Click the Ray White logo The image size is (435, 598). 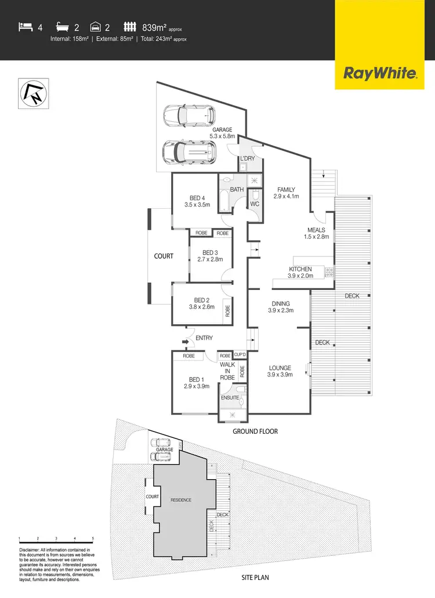(380, 73)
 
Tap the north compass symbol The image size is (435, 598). (33, 95)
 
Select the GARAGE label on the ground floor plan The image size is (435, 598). (222, 130)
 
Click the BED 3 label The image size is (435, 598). (209, 252)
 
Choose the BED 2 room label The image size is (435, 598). (200, 300)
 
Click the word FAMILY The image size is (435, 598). (286, 190)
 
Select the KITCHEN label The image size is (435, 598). (300, 269)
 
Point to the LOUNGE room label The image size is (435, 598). (280, 368)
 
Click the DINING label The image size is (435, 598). (281, 303)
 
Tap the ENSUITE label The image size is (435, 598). (230, 398)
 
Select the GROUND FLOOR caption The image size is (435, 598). (255, 432)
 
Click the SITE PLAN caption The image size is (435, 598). (255, 578)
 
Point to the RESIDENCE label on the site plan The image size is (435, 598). (180, 500)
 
